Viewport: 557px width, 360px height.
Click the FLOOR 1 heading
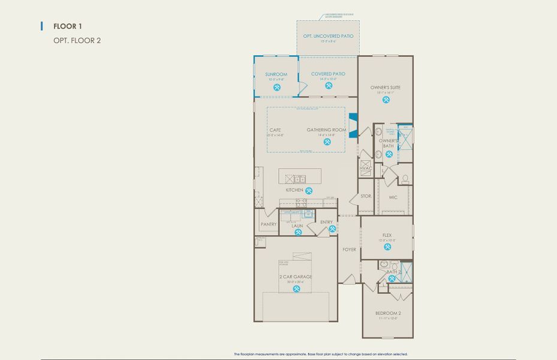(x=67, y=26)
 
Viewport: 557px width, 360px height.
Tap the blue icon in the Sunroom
(x=277, y=87)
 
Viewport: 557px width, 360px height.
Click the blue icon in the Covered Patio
(x=329, y=86)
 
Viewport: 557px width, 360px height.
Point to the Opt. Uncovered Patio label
(x=328, y=37)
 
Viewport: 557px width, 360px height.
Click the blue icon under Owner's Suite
(x=385, y=100)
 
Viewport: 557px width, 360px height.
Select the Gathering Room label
(x=327, y=130)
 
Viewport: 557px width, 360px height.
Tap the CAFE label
(x=275, y=130)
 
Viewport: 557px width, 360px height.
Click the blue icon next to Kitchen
(x=309, y=190)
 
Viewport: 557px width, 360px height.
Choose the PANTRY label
(x=268, y=224)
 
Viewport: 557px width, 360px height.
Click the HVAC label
(x=366, y=169)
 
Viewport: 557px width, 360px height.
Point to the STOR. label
(x=366, y=196)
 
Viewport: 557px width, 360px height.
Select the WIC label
(x=393, y=197)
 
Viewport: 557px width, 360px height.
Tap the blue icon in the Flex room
(x=387, y=247)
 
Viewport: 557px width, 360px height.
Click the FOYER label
(x=349, y=250)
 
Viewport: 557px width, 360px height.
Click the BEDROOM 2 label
(x=387, y=313)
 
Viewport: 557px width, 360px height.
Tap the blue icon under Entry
(x=324, y=229)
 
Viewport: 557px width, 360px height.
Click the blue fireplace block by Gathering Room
(x=353, y=126)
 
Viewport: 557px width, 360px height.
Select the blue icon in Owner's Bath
(x=389, y=154)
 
